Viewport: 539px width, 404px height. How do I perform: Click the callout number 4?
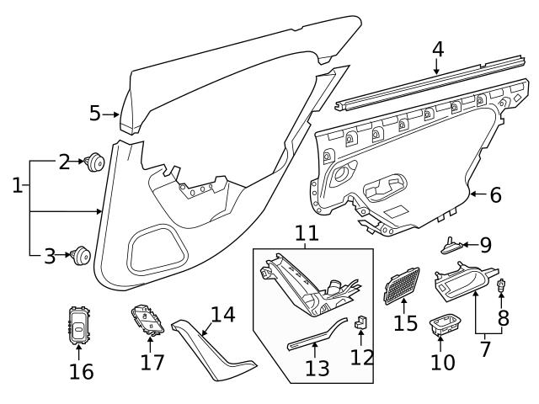point(437,50)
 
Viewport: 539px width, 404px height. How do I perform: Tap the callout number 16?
point(82,370)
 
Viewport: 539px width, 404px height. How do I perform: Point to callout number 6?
point(494,195)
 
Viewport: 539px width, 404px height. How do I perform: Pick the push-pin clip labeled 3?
point(83,254)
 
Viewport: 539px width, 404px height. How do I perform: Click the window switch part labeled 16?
point(79,323)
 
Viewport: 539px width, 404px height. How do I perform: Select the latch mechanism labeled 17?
point(148,321)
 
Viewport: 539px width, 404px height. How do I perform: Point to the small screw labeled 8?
point(501,288)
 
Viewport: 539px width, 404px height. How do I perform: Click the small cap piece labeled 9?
point(452,245)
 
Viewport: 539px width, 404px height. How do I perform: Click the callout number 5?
point(95,113)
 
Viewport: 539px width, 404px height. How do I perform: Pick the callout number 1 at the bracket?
point(17,184)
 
